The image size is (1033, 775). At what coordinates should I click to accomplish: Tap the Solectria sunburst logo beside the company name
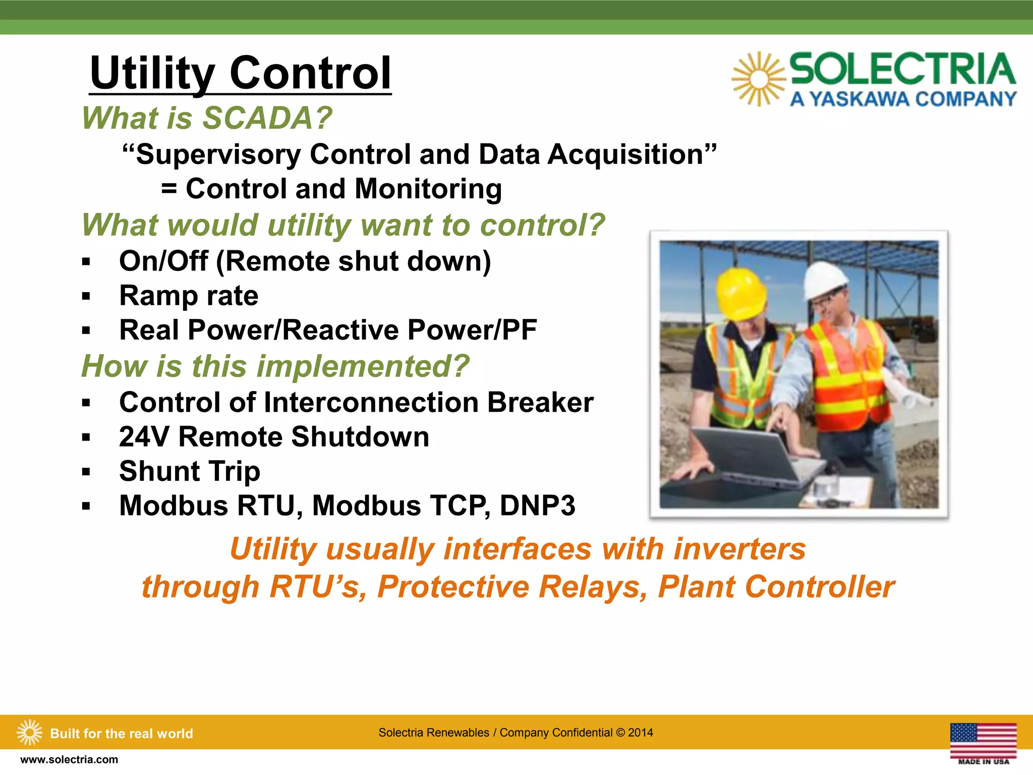[759, 79]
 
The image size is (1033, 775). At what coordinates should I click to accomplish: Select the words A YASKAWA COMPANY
[903, 99]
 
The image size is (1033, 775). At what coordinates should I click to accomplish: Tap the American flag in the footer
[983, 740]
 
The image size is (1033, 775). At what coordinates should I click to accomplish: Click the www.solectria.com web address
[69, 759]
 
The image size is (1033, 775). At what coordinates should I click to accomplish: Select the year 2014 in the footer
[640, 733]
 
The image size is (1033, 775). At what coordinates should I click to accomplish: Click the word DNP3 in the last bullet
[537, 506]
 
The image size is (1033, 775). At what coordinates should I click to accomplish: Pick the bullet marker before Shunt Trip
[86, 472]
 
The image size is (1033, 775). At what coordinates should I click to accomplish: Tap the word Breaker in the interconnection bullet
[540, 403]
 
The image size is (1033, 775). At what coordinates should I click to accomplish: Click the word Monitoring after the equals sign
[428, 189]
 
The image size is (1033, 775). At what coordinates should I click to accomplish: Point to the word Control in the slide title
[310, 73]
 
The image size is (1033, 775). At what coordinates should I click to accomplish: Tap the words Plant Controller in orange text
[776, 587]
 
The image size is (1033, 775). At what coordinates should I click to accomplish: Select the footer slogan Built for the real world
[122, 733]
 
